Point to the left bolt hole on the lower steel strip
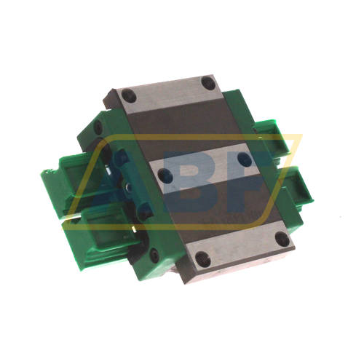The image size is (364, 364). pyautogui.click(x=202, y=256)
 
